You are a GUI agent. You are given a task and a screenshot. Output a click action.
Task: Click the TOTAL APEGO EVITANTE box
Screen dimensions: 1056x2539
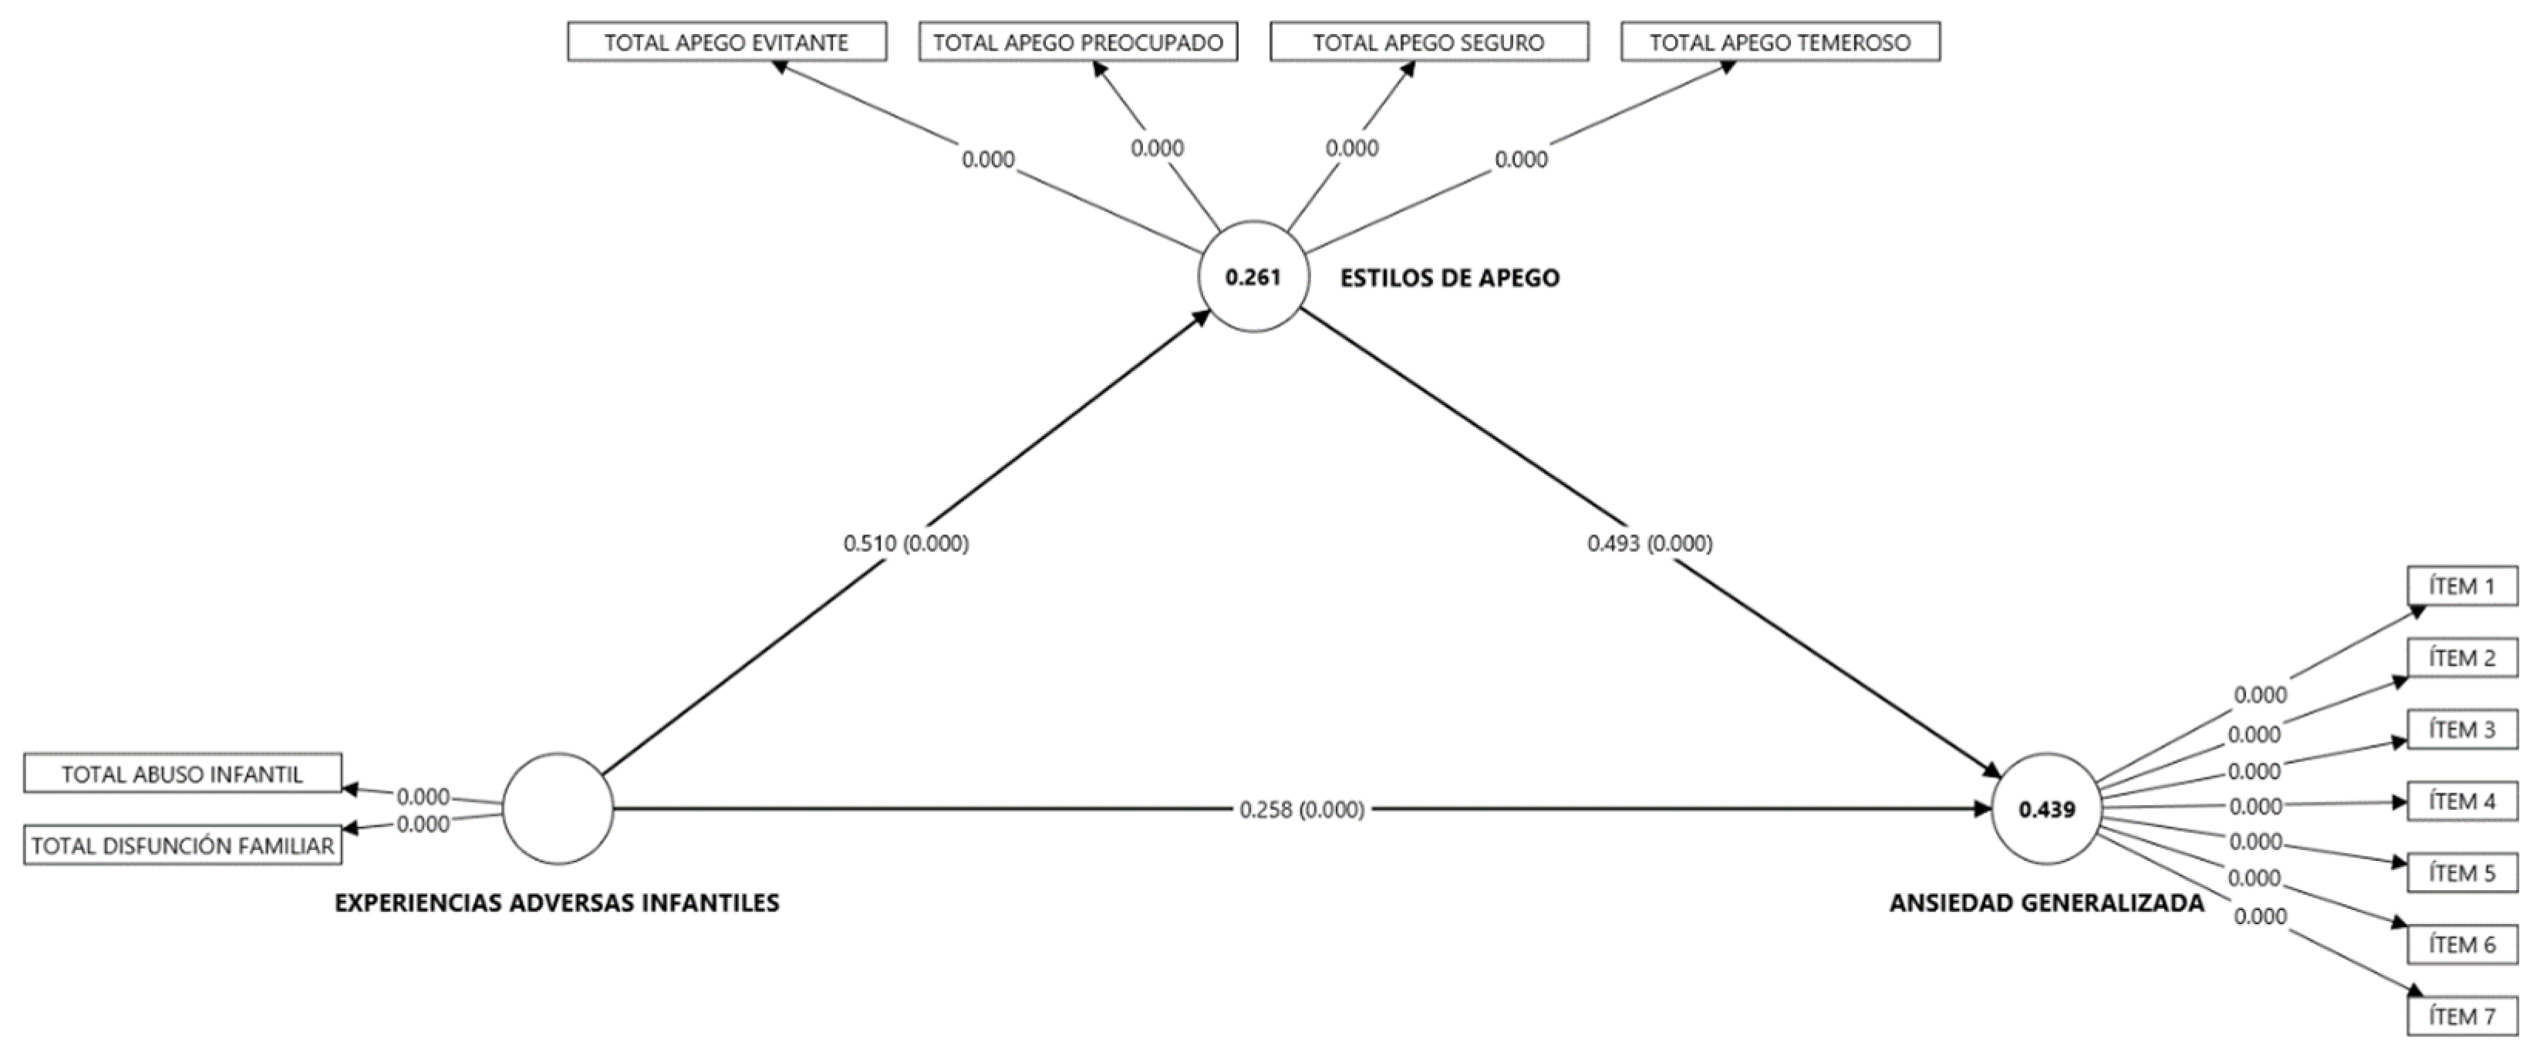[x=727, y=42]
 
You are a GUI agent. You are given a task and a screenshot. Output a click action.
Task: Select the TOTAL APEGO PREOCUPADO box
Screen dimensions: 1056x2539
[x=1077, y=42]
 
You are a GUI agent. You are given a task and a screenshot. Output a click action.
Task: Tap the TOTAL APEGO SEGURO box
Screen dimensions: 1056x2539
[x=1428, y=42]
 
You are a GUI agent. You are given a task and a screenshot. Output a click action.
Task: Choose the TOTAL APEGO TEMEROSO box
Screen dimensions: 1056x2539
[x=1780, y=42]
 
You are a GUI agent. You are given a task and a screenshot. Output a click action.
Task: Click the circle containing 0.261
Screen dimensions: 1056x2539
[x=1253, y=277]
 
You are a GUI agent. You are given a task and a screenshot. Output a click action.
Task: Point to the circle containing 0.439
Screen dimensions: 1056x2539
[x=2046, y=809]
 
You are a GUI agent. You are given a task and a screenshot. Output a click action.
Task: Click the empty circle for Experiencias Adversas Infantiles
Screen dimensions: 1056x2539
[x=557, y=808]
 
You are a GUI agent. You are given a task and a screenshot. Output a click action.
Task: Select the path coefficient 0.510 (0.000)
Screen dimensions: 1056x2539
[x=905, y=543]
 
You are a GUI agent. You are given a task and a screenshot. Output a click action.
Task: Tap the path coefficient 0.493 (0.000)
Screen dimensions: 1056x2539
[x=1649, y=543]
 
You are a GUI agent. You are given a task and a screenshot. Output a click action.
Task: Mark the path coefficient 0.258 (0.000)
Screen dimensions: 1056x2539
[x=1301, y=809]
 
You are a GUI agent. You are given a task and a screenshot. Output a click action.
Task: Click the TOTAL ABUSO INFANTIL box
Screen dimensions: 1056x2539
[x=182, y=774]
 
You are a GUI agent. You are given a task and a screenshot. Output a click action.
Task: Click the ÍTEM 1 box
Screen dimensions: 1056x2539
[x=2461, y=587]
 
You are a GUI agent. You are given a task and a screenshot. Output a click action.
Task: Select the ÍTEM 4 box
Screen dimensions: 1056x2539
[x=2461, y=801]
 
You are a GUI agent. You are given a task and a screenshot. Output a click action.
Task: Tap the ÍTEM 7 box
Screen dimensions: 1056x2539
[x=2461, y=1017]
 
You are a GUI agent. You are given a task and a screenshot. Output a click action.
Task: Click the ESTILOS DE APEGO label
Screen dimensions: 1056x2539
[x=1449, y=278]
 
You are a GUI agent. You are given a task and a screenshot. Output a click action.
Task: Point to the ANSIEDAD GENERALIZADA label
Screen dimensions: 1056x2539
[x=2046, y=903]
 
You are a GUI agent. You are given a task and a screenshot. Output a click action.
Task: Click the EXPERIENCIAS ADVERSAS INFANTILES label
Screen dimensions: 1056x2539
[x=557, y=903]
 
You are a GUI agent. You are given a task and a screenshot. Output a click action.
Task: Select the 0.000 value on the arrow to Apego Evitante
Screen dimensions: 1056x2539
[x=988, y=160]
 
